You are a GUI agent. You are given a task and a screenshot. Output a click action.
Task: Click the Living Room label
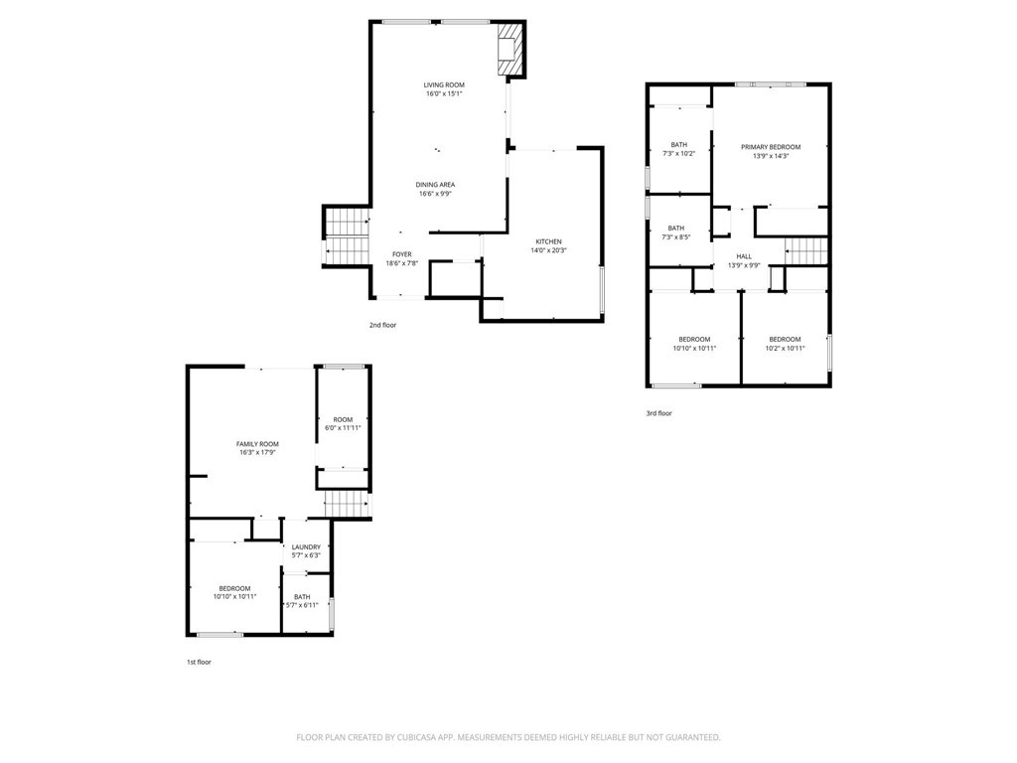(x=444, y=85)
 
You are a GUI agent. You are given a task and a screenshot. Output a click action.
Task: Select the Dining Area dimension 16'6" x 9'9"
(x=435, y=194)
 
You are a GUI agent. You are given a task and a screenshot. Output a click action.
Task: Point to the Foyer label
(x=402, y=254)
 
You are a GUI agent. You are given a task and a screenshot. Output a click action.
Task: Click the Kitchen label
(x=548, y=242)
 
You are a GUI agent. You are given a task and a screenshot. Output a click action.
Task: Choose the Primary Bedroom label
(x=771, y=147)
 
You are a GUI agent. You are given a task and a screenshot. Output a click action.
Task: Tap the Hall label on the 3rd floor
(x=744, y=256)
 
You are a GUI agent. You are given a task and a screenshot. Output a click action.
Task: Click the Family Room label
(x=257, y=444)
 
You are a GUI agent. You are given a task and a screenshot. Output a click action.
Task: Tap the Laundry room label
(x=306, y=547)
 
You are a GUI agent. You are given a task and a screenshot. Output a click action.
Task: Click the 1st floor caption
(x=199, y=663)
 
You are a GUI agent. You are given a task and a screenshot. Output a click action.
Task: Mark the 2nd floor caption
(x=382, y=325)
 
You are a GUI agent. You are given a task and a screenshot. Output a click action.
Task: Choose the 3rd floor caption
(x=659, y=413)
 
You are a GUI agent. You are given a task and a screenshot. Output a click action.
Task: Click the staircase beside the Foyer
(x=347, y=235)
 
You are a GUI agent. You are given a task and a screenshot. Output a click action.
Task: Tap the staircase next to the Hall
(x=806, y=251)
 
